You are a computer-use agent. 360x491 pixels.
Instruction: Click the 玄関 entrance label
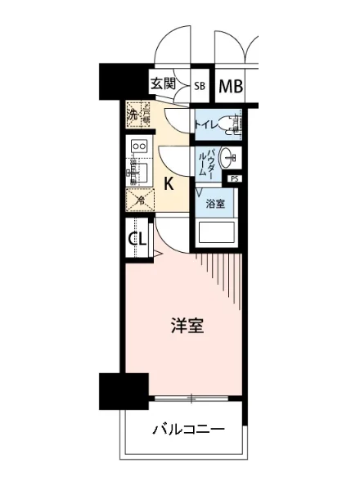click(164, 83)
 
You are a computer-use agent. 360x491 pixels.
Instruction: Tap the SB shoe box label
click(200, 84)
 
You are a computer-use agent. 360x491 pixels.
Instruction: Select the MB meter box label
click(230, 84)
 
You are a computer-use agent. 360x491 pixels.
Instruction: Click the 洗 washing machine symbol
click(133, 115)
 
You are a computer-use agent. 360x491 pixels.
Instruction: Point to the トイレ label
click(206, 124)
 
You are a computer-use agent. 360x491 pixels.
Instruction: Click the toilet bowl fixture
click(236, 124)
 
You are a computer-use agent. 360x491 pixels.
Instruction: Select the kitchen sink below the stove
click(137, 173)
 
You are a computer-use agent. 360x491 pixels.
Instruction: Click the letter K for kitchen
click(169, 182)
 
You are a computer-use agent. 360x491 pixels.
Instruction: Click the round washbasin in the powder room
click(233, 158)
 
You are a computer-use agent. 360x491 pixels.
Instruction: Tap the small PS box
click(235, 178)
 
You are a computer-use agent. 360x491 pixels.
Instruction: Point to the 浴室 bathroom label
click(215, 203)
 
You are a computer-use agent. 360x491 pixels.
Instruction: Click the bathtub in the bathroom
click(215, 234)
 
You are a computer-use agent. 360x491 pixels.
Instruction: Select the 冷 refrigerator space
click(139, 199)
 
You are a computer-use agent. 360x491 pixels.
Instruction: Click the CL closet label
click(137, 240)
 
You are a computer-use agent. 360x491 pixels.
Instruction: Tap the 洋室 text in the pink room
click(187, 326)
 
